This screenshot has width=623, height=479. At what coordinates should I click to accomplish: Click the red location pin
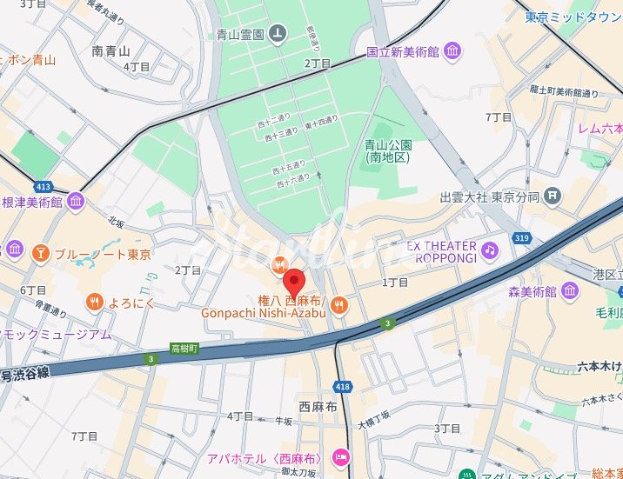point(295,282)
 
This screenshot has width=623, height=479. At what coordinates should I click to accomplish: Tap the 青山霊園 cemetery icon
point(277,34)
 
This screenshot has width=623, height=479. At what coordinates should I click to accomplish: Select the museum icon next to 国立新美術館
point(452,53)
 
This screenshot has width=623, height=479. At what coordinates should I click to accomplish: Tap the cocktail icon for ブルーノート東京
point(40,254)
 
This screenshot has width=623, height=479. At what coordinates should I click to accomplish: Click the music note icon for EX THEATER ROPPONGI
point(490,251)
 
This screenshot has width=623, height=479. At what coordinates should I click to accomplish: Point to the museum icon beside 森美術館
point(571,290)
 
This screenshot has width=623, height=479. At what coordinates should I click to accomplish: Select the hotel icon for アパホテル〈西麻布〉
point(341,457)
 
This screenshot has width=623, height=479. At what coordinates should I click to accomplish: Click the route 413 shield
point(43,187)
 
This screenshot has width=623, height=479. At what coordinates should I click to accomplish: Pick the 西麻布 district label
point(317,406)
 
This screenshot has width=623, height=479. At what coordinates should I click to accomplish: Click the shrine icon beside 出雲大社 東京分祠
point(552,197)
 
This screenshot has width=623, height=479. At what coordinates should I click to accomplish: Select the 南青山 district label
point(111,51)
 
